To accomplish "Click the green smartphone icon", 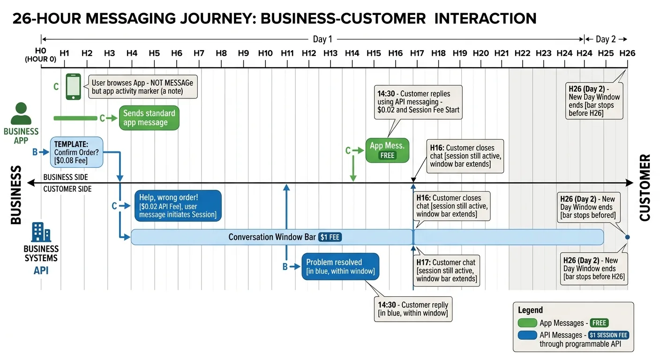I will pyautogui.click(x=73, y=87).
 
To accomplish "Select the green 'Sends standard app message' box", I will pyautogui.click(x=149, y=118).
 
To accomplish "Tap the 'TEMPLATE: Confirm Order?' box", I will pyautogui.click(x=76, y=152).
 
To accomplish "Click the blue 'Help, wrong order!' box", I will pyautogui.click(x=178, y=205).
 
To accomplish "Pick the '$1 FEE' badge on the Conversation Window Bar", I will pyautogui.click(x=330, y=237).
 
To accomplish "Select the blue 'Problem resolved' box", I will pyautogui.click(x=340, y=267).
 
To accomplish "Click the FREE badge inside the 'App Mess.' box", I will pyautogui.click(x=388, y=155).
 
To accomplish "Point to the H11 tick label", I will pyautogui.click(x=287, y=53).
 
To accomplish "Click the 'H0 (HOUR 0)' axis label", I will pyautogui.click(x=41, y=55).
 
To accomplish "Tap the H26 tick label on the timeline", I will pyautogui.click(x=627, y=53).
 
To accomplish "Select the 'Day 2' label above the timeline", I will pyautogui.click(x=606, y=39).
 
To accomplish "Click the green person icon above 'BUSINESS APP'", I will pyautogui.click(x=21, y=114).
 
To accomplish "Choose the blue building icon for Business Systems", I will pyautogui.click(x=41, y=232).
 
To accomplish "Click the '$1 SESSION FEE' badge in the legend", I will pyautogui.click(x=608, y=335).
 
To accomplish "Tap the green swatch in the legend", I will pyautogui.click(x=527, y=323).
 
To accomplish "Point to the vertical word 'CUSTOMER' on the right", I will pyautogui.click(x=645, y=187).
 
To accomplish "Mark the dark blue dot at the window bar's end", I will pyautogui.click(x=627, y=237).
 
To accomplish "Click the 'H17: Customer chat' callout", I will pyautogui.click(x=447, y=270).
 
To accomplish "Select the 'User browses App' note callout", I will pyautogui.click(x=142, y=87).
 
